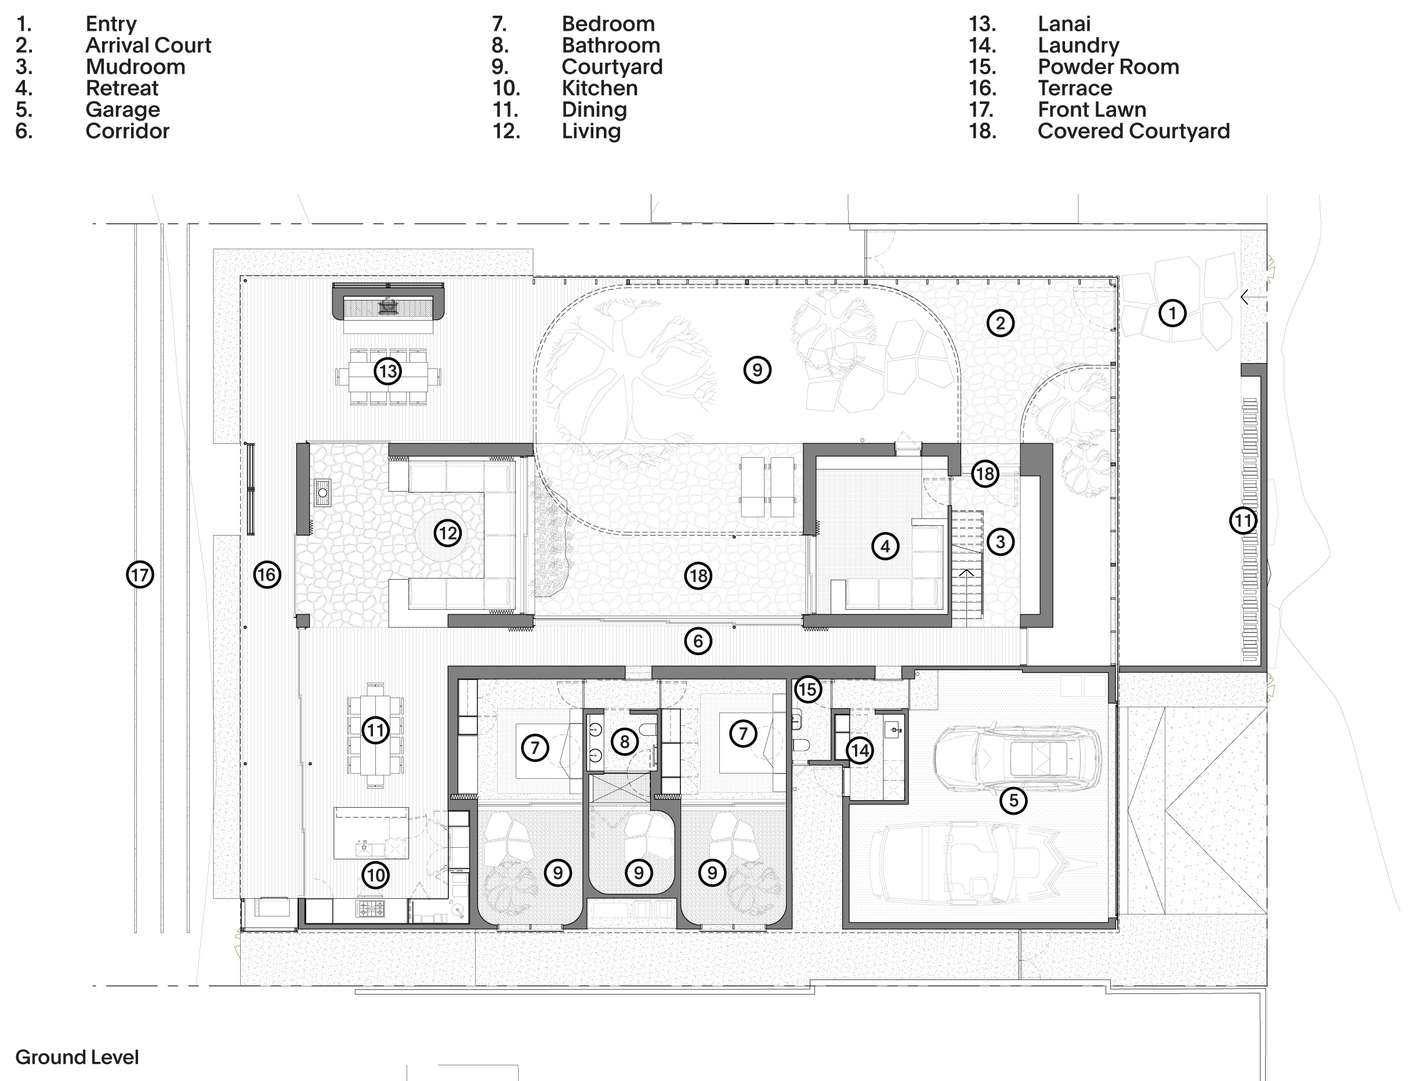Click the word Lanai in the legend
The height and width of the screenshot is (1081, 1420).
(x=1064, y=24)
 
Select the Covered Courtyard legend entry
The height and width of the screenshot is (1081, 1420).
(x=1133, y=131)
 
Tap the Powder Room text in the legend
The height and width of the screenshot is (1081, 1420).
(x=1108, y=67)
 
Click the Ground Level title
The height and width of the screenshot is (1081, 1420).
(x=77, y=1057)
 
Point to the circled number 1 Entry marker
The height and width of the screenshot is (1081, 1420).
(x=1172, y=313)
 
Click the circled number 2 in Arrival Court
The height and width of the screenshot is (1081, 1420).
(x=1000, y=323)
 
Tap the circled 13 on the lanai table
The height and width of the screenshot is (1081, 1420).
(x=388, y=371)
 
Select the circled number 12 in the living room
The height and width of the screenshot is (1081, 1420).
(x=448, y=533)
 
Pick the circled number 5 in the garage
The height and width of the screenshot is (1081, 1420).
(x=1013, y=801)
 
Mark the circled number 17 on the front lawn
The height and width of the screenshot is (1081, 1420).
(x=140, y=574)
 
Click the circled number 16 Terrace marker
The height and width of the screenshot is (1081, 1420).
(x=267, y=574)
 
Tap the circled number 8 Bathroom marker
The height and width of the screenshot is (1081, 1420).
(x=625, y=742)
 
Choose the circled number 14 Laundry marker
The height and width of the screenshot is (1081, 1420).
(x=860, y=750)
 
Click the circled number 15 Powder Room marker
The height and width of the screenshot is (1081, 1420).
(x=808, y=689)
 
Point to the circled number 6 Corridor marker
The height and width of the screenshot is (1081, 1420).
(x=698, y=641)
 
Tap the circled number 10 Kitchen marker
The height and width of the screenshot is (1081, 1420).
(x=375, y=875)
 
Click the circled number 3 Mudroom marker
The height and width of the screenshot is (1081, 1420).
(x=1000, y=542)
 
